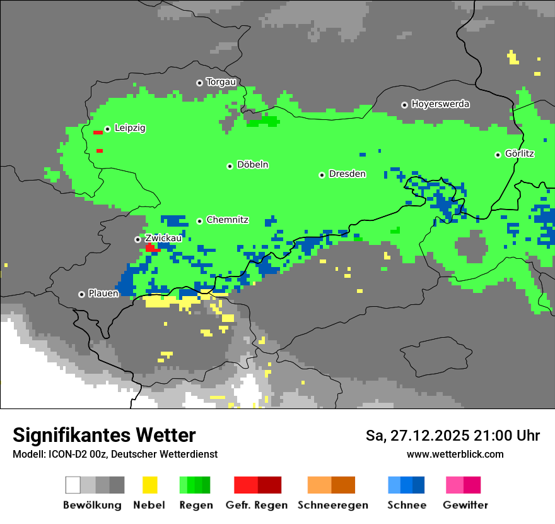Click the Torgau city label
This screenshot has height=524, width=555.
pos(221,82)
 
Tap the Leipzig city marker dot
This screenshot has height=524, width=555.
pos(108,129)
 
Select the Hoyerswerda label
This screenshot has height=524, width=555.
pos(440,104)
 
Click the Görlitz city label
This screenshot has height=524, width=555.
pos(519,153)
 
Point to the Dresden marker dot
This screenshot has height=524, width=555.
pos(322,175)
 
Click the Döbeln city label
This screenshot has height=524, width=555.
pos(252,165)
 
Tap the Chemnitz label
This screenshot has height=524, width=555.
pos(227,220)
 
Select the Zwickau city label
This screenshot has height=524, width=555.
pos(163,238)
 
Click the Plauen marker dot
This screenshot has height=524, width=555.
pos(82,294)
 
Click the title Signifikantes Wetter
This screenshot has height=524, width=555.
pos(104,436)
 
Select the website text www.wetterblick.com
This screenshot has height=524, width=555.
pos(455,454)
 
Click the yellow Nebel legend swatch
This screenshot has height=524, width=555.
pos(149,485)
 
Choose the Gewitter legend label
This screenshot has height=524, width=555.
pos(465,505)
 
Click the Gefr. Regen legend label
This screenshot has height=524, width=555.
pos(257,505)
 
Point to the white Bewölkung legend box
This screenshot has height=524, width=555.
pos(73,485)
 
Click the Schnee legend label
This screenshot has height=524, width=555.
pos(407,505)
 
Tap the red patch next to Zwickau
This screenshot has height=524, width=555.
pos(152,248)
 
